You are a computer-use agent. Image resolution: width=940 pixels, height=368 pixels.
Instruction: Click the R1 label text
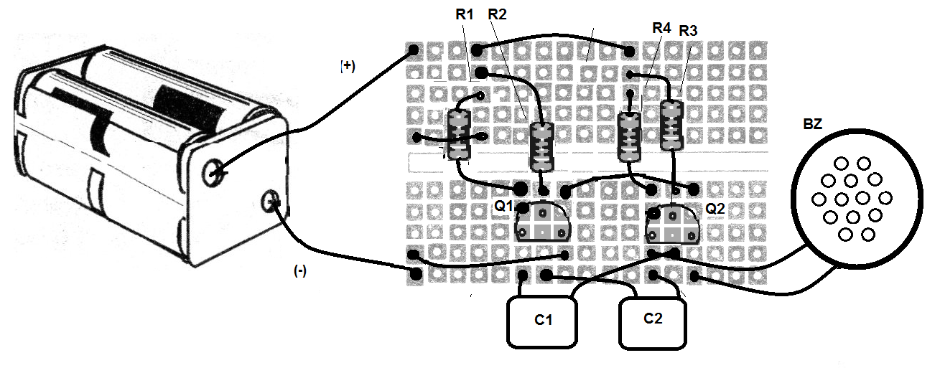tap(464, 14)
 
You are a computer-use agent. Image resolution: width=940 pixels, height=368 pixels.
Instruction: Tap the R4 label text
tap(661, 28)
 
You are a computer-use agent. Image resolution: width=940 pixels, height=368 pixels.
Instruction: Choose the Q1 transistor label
tap(503, 207)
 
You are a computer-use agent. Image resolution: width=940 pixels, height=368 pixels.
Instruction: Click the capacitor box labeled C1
tap(544, 321)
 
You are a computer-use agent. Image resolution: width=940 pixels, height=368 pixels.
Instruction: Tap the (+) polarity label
tap(348, 66)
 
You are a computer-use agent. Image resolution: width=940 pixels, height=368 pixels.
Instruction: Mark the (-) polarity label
tap(299, 270)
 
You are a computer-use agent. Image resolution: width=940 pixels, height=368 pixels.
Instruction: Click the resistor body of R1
tap(458, 135)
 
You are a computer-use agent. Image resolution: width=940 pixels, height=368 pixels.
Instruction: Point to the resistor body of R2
tap(542, 146)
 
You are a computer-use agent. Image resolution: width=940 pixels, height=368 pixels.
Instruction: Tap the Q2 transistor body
tap(672, 224)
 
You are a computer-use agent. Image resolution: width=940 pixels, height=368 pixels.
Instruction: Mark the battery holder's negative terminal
tap(271, 202)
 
